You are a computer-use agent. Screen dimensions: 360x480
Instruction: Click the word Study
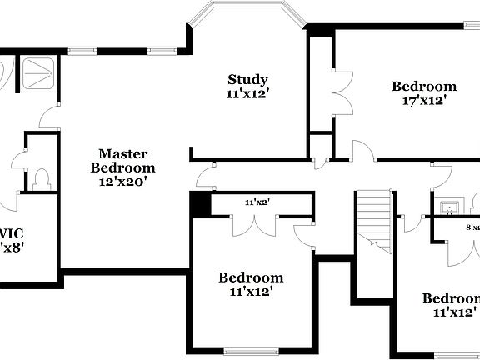[x=248, y=80]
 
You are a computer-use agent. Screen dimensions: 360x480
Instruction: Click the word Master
[x=122, y=153]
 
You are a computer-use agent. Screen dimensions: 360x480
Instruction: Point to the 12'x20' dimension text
[x=122, y=180]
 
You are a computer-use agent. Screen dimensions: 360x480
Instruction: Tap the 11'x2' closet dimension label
[x=257, y=202]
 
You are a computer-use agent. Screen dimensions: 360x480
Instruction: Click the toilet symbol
[x=43, y=178]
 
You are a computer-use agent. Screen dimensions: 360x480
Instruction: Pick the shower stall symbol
[x=38, y=73]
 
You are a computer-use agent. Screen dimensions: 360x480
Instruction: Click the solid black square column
[x=200, y=204]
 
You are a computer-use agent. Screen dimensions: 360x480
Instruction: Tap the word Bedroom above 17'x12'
[x=424, y=86]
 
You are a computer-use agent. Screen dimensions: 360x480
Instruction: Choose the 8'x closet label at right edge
[x=472, y=227]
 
